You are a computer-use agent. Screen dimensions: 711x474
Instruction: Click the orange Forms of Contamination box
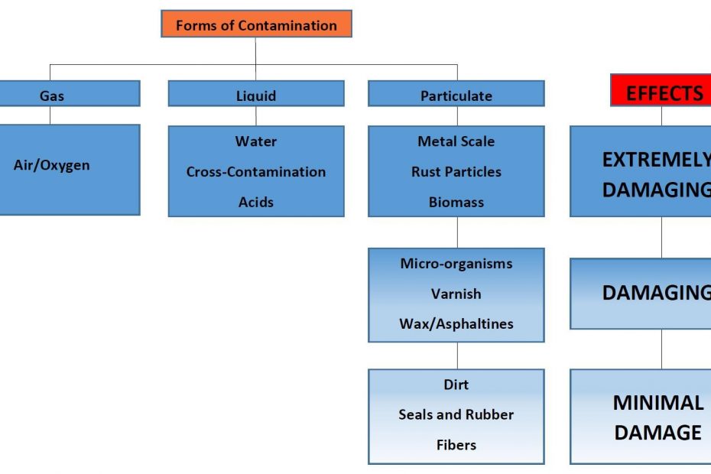[256, 24]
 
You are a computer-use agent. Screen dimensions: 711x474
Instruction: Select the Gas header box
[70, 93]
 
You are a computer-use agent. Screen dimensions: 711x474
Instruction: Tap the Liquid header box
[256, 93]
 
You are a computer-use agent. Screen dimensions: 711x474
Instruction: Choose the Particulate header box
[456, 93]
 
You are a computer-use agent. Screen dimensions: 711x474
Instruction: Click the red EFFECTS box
[661, 90]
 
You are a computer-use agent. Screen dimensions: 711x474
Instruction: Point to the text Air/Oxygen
[52, 165]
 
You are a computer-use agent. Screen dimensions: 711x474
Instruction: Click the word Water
[256, 141]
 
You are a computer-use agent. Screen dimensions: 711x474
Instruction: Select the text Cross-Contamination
[256, 171]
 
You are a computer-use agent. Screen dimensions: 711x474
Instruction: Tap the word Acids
[256, 202]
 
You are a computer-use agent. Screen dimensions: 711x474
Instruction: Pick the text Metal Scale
[456, 141]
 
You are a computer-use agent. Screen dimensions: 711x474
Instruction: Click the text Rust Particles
[456, 171]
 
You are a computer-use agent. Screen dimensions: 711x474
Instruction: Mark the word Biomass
[456, 202]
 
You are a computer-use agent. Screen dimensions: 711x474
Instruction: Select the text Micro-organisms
[456, 264]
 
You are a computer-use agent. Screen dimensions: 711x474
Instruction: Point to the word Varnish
[456, 294]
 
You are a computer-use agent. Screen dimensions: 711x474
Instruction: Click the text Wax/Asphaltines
[456, 324]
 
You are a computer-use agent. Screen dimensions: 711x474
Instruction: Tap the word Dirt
[456, 385]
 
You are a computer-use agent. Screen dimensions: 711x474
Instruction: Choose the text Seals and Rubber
[456, 414]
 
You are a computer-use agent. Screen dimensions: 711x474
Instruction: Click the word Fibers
[456, 445]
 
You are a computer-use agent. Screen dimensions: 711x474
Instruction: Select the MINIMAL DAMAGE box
[640, 417]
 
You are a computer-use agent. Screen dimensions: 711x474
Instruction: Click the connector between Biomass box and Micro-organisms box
[457, 232]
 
